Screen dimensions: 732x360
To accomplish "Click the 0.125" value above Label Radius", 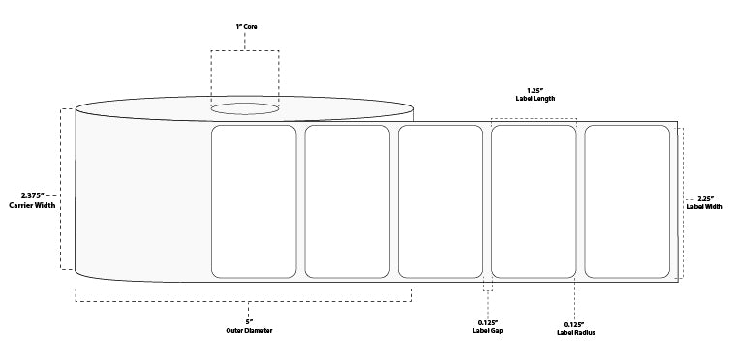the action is click(576, 322).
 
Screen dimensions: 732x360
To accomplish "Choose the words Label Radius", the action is click(576, 331).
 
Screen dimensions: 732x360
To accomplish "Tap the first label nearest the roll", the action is click(254, 201).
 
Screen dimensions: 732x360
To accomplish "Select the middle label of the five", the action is click(441, 201).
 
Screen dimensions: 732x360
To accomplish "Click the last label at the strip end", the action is click(626, 201).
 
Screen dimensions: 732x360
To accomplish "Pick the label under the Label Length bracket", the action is click(534, 201).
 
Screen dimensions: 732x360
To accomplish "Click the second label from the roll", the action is click(347, 201).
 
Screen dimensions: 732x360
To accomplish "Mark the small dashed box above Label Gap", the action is click(487, 285).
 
